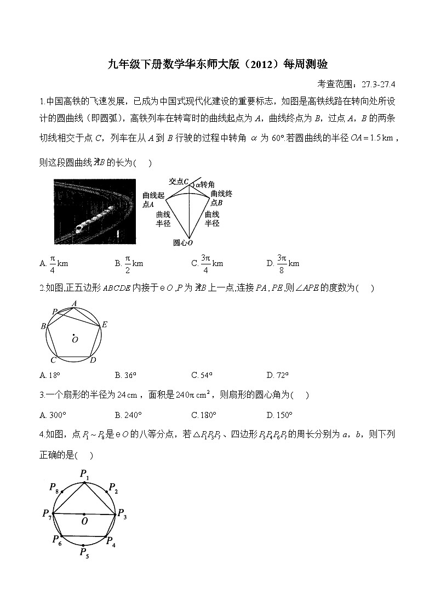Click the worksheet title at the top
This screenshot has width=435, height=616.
(x=218, y=65)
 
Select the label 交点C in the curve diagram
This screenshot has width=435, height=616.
(x=179, y=181)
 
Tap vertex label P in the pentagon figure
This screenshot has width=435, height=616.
(x=55, y=312)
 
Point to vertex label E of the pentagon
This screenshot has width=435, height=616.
(x=105, y=325)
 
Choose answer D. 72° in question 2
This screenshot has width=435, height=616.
(x=278, y=375)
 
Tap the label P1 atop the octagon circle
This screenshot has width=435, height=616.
(x=85, y=473)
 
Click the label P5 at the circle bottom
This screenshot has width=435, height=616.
(x=84, y=553)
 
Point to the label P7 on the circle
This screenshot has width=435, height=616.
(x=46, y=514)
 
